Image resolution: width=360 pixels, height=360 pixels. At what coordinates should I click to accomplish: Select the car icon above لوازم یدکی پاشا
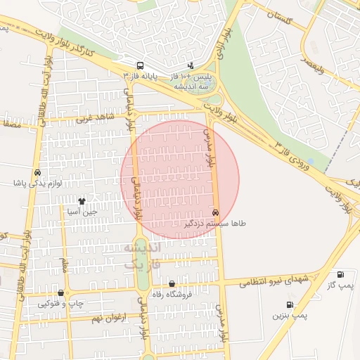pyautogui.click(x=37, y=172)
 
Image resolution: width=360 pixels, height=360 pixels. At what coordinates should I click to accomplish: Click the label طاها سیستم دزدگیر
pyautogui.click(x=215, y=223)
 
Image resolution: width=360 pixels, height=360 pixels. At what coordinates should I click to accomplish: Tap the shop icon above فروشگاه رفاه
pyautogui.click(x=172, y=284)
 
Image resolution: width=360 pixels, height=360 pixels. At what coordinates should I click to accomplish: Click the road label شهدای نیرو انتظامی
pyautogui.click(x=274, y=281)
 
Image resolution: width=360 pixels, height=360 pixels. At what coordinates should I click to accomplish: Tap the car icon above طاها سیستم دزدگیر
pyautogui.click(x=215, y=212)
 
